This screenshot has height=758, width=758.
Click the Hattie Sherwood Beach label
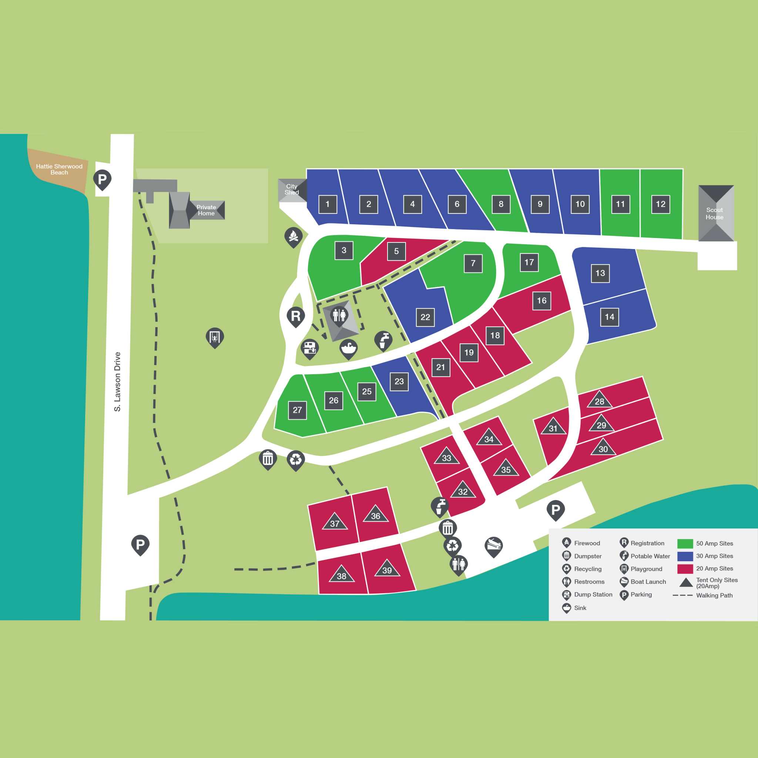click(x=59, y=170)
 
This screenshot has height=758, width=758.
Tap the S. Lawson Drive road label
click(x=117, y=382)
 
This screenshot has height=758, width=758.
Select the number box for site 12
click(x=660, y=204)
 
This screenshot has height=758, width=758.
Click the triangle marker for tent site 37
click(x=335, y=522)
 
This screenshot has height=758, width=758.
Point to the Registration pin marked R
click(x=296, y=316)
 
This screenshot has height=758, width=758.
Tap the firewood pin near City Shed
click(x=294, y=237)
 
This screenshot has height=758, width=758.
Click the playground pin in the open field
click(x=215, y=337)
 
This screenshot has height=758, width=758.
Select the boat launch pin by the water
click(x=494, y=546)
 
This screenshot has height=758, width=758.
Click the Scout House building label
click(x=714, y=214)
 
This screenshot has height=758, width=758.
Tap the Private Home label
click(x=206, y=210)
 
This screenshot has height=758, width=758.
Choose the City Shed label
click(x=292, y=189)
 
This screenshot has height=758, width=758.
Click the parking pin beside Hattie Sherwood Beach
click(x=103, y=179)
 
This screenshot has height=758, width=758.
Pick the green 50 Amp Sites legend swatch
click(x=685, y=543)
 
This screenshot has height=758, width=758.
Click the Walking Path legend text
click(x=714, y=595)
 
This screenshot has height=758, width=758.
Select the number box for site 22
click(x=425, y=317)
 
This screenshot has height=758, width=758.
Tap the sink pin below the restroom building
click(x=348, y=348)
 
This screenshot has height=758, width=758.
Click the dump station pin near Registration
click(x=309, y=348)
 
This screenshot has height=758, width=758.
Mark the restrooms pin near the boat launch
click(x=458, y=564)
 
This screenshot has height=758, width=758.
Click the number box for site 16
click(x=541, y=301)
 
